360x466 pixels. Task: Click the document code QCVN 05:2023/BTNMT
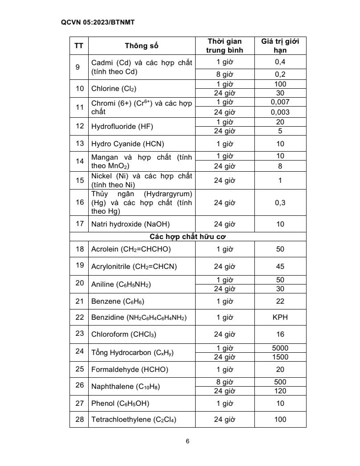(91, 21)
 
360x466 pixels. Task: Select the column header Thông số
(141, 45)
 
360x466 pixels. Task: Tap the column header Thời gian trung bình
(225, 45)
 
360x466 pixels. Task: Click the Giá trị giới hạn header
(280, 45)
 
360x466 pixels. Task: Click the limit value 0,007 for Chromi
(280, 102)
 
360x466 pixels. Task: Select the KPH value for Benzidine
(280, 318)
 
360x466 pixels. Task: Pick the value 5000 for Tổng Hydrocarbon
(280, 348)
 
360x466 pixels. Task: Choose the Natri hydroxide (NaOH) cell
(131, 224)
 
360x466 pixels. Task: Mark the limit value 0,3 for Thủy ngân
(280, 202)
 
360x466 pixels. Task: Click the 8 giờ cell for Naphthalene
(225, 382)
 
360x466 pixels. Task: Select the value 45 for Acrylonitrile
(280, 267)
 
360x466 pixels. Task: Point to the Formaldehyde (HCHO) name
(130, 369)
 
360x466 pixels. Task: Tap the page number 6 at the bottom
(188, 441)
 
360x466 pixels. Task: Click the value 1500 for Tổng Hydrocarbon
(280, 357)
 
